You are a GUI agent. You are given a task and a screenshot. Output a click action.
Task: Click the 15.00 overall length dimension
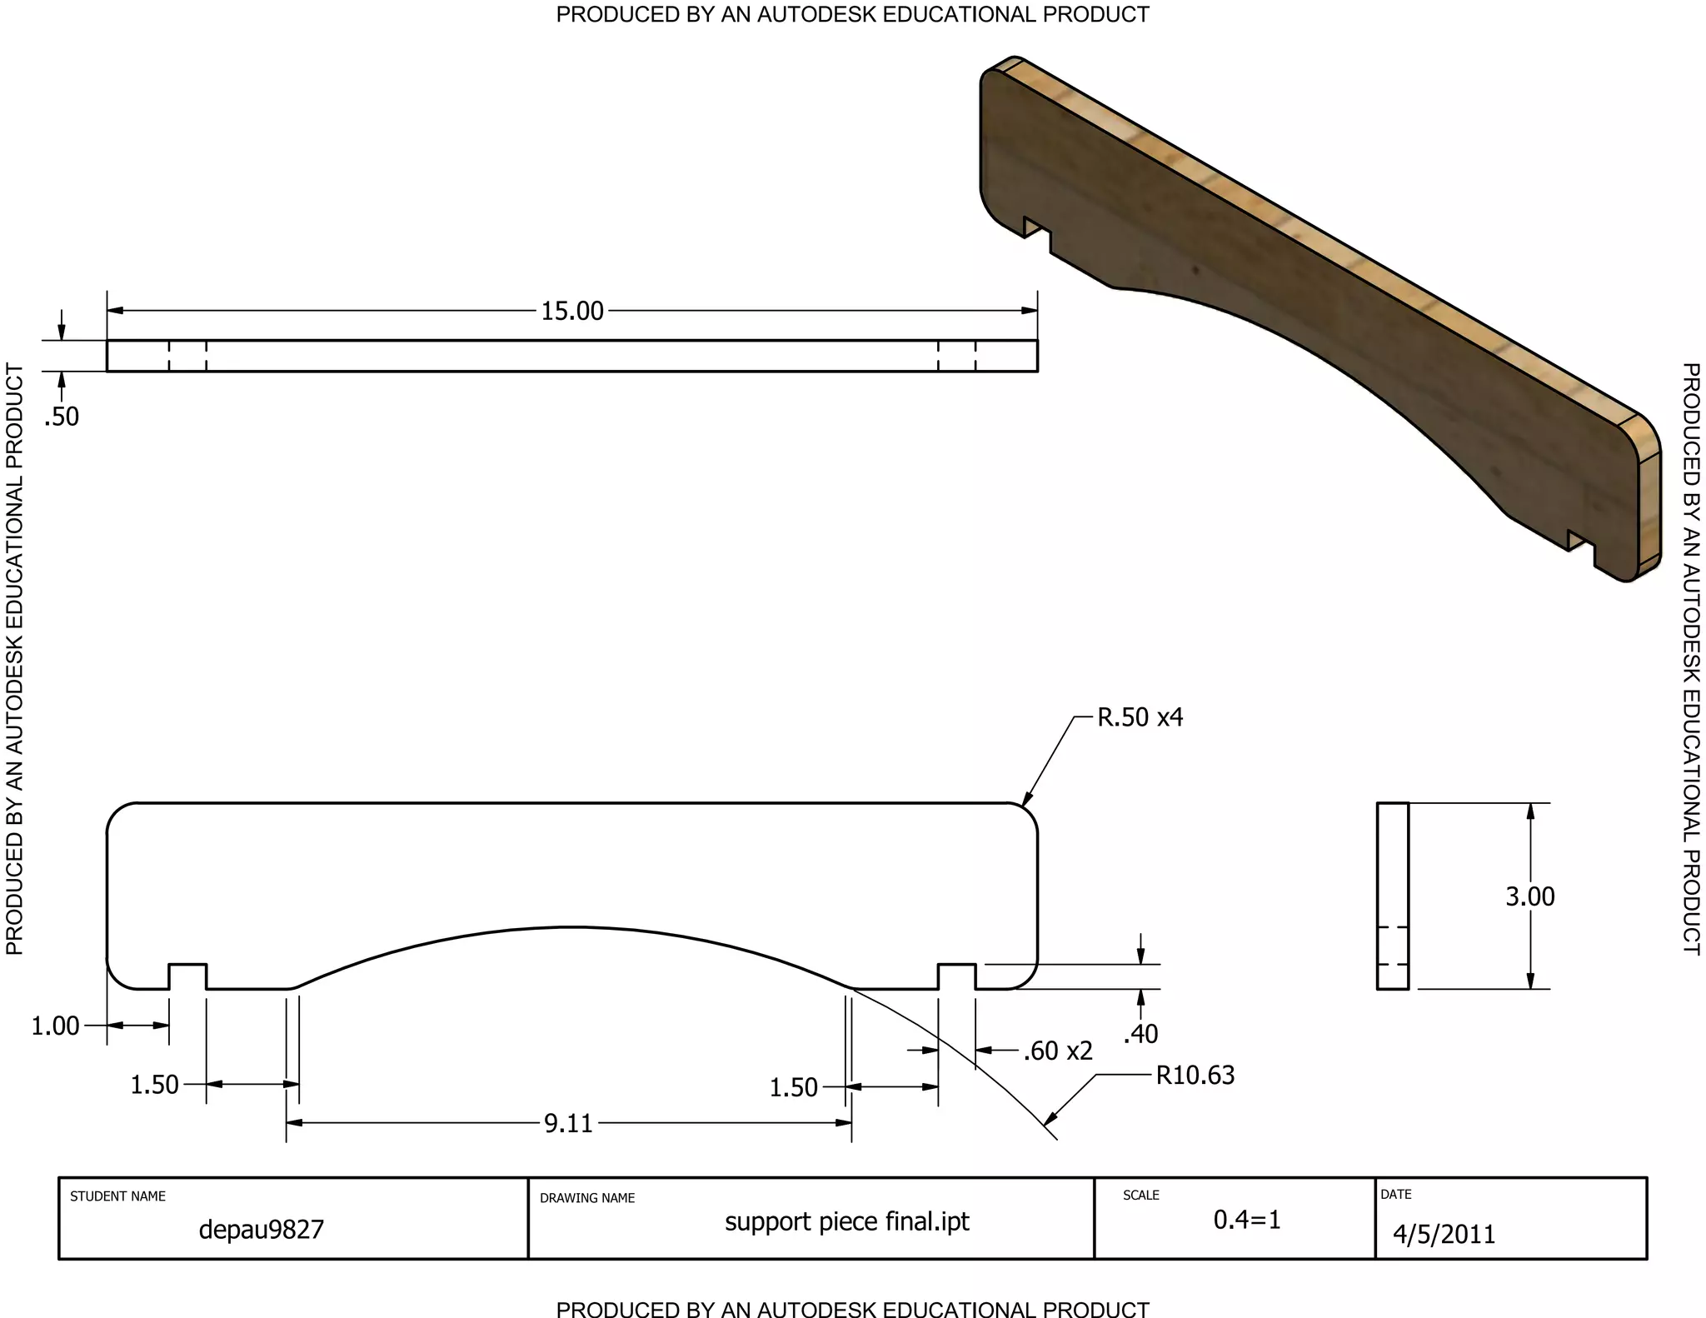(572, 311)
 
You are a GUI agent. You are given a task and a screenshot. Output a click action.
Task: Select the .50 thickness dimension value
(62, 416)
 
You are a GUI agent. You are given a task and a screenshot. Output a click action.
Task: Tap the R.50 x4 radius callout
(1140, 717)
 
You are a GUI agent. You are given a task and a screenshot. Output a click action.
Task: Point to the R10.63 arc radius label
(1195, 1076)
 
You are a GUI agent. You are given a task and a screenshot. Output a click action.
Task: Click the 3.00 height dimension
(1529, 896)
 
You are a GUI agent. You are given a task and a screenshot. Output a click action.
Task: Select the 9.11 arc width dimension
(568, 1123)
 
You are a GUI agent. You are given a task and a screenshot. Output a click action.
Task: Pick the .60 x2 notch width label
(1057, 1051)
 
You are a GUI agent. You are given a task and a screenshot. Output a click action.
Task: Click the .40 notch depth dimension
(1140, 1034)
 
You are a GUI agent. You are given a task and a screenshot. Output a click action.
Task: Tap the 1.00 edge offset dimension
(55, 1026)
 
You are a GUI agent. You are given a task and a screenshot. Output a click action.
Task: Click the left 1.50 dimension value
(154, 1085)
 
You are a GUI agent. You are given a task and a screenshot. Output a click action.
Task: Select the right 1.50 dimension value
(793, 1087)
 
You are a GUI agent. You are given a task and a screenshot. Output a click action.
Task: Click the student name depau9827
(261, 1230)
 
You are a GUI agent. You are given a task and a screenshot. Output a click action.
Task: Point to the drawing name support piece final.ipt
(846, 1221)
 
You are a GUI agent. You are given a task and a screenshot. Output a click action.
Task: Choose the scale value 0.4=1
(1246, 1220)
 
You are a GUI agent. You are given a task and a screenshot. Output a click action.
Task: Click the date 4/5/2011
(1444, 1234)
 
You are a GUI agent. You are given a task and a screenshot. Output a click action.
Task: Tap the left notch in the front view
(187, 976)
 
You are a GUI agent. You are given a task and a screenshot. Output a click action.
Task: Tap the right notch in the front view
(956, 976)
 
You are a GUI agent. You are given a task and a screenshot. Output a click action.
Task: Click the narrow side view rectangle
(1392, 896)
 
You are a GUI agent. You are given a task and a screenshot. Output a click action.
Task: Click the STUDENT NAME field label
(117, 1196)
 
